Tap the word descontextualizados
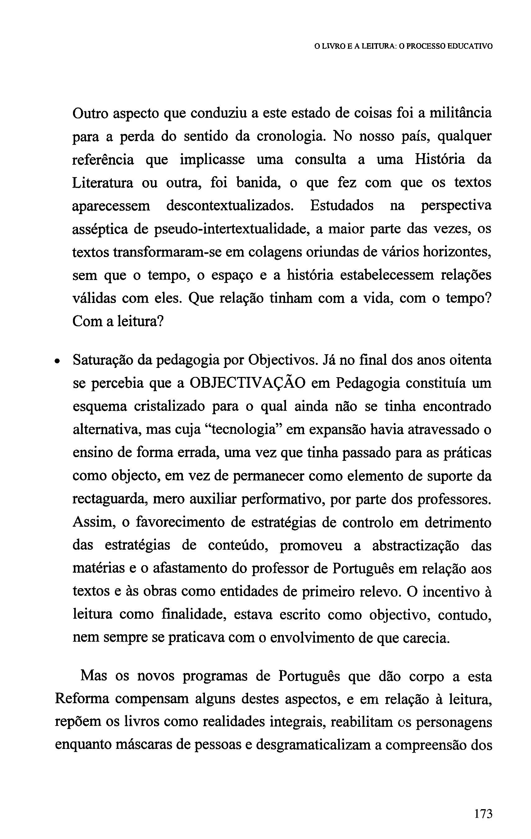pyautogui.click(x=230, y=206)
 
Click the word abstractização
pyautogui.click(x=415, y=546)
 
